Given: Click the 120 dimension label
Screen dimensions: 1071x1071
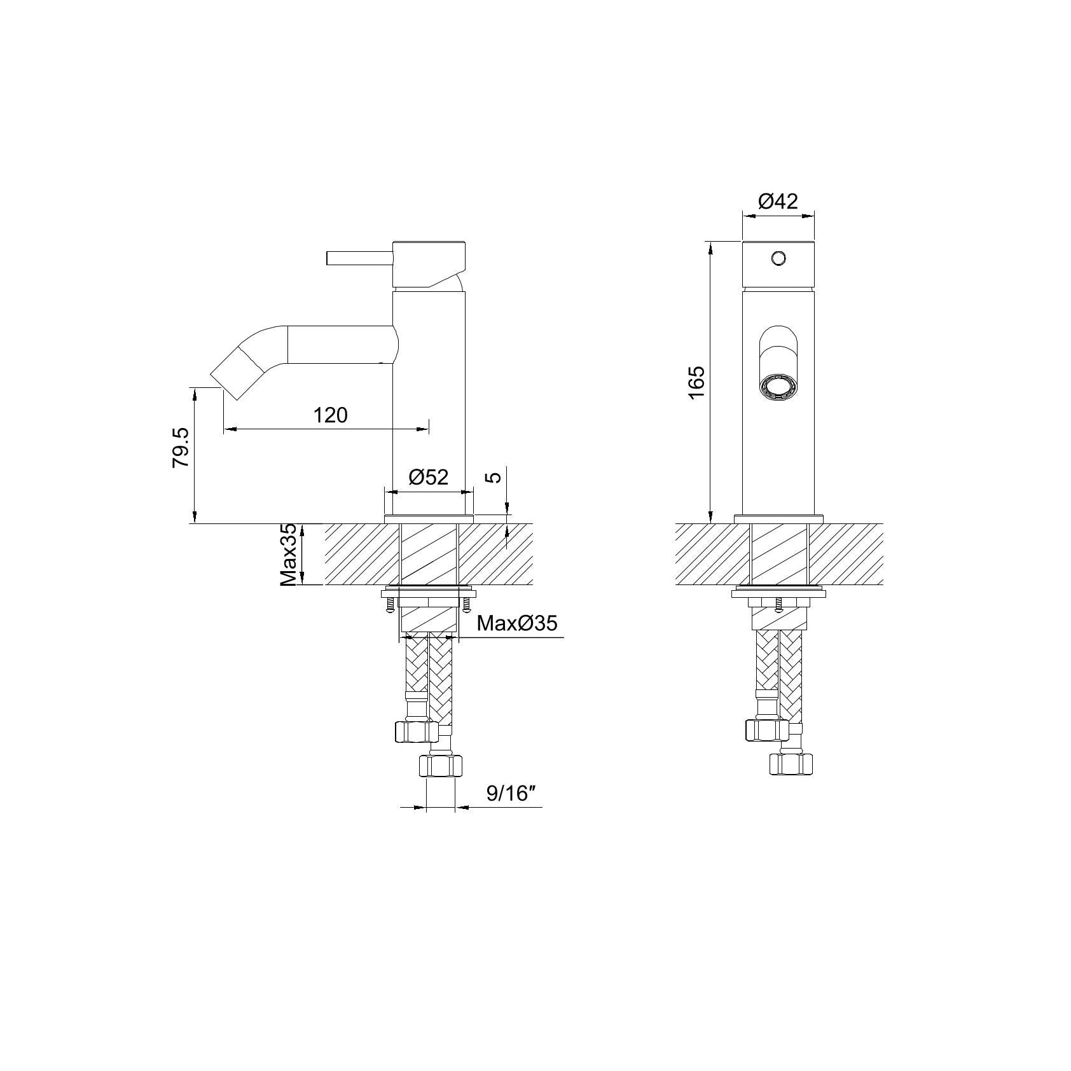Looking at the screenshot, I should pyautogui.click(x=331, y=415).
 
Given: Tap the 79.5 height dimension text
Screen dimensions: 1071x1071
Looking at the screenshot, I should pyautogui.click(x=181, y=448).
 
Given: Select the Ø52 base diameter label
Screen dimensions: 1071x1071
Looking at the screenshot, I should pyautogui.click(x=428, y=477).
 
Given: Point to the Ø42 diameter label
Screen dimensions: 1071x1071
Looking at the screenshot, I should pyautogui.click(x=778, y=202).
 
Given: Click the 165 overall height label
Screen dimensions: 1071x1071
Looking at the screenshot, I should pyautogui.click(x=697, y=382).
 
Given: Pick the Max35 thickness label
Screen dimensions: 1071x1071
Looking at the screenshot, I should pyautogui.click(x=289, y=555).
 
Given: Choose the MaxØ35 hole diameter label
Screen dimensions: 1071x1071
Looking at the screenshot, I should pyautogui.click(x=516, y=623).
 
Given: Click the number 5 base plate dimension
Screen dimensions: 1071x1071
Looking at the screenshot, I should pyautogui.click(x=495, y=475).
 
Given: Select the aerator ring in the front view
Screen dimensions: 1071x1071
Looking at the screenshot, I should pyautogui.click(x=777, y=387).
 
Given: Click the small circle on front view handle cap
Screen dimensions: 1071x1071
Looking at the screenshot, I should pyautogui.click(x=778, y=258).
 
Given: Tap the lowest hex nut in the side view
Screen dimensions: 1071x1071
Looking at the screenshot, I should pyautogui.click(x=441, y=765).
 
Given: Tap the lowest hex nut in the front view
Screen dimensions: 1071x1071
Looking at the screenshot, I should pyautogui.click(x=791, y=764).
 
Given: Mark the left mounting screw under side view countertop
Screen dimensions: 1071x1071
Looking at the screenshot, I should pyautogui.click(x=389, y=605).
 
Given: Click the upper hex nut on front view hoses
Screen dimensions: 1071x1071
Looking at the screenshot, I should pyautogui.click(x=766, y=729).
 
